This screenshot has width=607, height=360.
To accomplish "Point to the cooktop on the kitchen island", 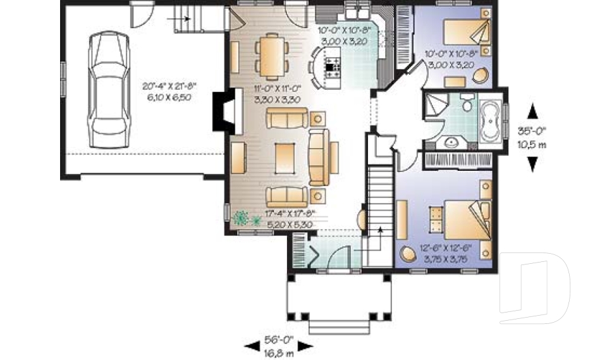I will pyautogui.click(x=332, y=64).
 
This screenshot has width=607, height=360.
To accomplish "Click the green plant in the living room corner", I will pyautogui.click(x=242, y=219).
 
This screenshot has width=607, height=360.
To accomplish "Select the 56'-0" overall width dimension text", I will pyautogui.click(x=278, y=339).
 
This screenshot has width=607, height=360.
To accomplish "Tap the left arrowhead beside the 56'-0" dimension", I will pyautogui.click(x=252, y=345).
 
